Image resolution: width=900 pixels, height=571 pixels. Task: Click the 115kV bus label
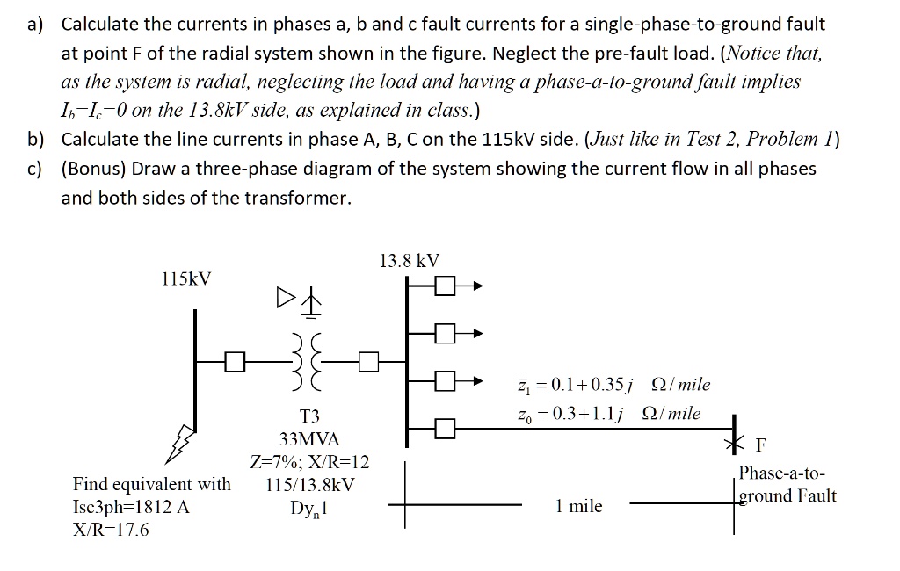(x=186, y=279)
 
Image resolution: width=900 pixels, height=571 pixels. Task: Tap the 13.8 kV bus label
(x=409, y=260)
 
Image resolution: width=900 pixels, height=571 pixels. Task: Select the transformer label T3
(x=309, y=416)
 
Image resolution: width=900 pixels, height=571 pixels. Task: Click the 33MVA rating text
(x=309, y=438)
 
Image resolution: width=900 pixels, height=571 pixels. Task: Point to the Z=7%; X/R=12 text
(x=309, y=461)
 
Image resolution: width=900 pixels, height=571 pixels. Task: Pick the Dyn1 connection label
(x=309, y=507)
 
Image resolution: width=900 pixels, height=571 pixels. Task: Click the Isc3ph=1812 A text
(x=132, y=507)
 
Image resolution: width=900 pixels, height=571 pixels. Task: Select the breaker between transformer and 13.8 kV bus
(x=369, y=361)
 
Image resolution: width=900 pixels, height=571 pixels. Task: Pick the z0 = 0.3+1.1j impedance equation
(x=607, y=413)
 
